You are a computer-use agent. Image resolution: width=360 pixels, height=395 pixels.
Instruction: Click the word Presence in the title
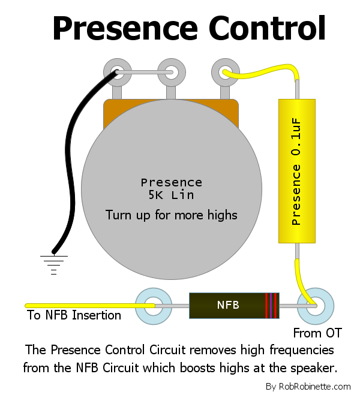pyautogui.click(x=125, y=28)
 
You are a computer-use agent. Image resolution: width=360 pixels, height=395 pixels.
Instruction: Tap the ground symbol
pyautogui.click(x=53, y=265)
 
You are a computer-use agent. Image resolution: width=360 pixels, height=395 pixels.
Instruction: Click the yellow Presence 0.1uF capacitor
pyautogui.click(x=297, y=171)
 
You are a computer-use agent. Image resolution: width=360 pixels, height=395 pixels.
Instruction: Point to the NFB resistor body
pyautogui.click(x=234, y=306)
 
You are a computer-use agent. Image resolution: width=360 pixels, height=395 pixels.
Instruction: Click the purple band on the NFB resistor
pyautogui.click(x=271, y=306)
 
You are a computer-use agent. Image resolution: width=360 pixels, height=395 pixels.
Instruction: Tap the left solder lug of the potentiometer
pyautogui.click(x=118, y=73)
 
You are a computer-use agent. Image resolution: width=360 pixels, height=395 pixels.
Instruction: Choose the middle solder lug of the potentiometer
pyautogui.click(x=172, y=73)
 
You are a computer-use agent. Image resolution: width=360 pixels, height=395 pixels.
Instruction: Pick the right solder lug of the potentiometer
pyautogui.click(x=226, y=73)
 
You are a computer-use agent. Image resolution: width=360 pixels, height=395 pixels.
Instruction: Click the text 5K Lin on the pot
pyautogui.click(x=172, y=195)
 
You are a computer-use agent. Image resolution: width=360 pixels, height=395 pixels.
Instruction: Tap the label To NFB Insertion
pyautogui.click(x=74, y=315)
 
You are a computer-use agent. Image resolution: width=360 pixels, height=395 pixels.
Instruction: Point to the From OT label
pyautogui.click(x=317, y=333)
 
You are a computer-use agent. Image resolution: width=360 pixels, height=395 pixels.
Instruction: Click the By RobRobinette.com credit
pyautogui.click(x=308, y=386)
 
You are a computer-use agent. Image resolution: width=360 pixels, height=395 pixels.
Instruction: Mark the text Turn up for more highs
pyautogui.click(x=172, y=215)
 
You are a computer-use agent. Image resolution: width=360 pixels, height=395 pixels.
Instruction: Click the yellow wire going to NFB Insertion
pyautogui.click(x=90, y=306)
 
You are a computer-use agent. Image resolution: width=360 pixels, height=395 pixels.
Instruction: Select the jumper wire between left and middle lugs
pyautogui.click(x=145, y=73)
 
